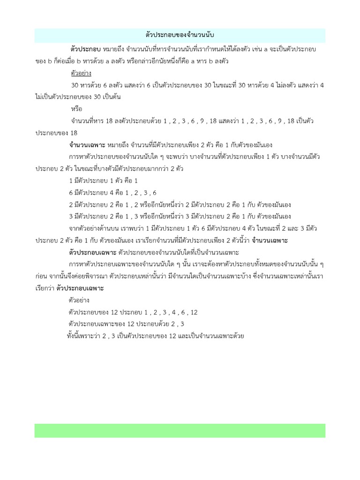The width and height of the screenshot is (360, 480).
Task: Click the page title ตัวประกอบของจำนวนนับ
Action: pyautogui.click(x=180, y=35)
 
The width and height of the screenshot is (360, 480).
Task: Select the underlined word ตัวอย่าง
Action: pyautogui.click(x=81, y=73)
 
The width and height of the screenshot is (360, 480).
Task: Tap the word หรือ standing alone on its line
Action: pyautogui.click(x=75, y=109)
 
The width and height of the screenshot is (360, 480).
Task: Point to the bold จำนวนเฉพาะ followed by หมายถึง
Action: pyautogui.click(x=87, y=144)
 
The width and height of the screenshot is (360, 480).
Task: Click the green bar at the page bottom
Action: pyautogui.click(x=180, y=430)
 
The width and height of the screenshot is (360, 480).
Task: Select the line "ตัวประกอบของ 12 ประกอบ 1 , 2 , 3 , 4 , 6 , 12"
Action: pyautogui.click(x=133, y=312)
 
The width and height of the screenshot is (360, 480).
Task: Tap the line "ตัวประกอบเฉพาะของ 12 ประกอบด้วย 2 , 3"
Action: pyautogui.click(x=127, y=324)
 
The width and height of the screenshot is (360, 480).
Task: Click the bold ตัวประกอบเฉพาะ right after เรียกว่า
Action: pyautogui.click(x=80, y=288)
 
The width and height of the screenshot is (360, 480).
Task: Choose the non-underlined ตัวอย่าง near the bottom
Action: pyautogui.click(x=79, y=300)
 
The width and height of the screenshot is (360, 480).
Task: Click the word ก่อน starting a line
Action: pyautogui.click(x=43, y=277)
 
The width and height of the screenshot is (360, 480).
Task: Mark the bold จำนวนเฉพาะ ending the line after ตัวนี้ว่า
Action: pyautogui.click(x=270, y=240)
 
